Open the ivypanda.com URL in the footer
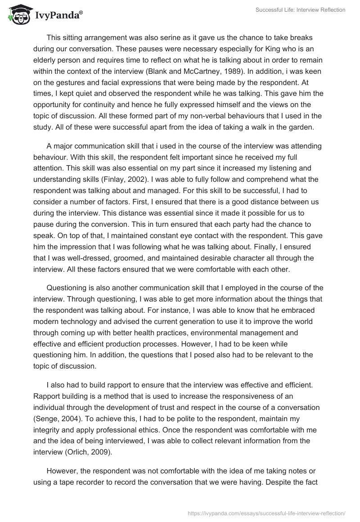(267, 512)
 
